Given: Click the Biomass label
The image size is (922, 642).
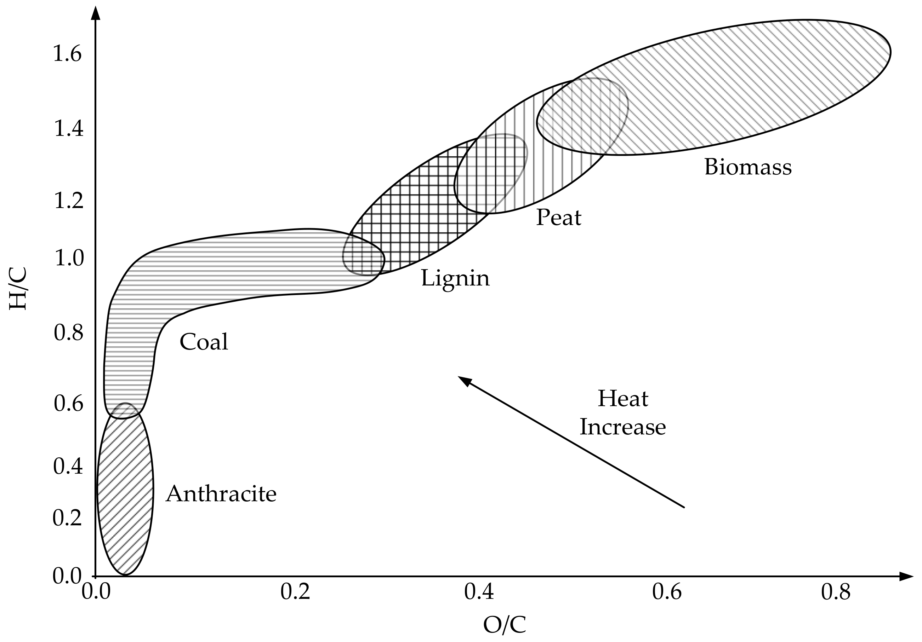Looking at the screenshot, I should [748, 167].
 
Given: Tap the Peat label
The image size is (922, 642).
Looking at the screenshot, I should [559, 218].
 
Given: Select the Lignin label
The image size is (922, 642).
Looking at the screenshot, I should [455, 278].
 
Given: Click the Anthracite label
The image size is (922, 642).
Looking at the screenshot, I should [221, 493].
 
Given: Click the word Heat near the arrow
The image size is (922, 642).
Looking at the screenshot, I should [623, 399].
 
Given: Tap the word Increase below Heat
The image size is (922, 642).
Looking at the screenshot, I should [623, 427].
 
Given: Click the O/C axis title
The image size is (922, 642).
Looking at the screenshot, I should [504, 625].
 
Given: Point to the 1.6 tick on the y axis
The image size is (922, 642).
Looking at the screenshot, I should [68, 54].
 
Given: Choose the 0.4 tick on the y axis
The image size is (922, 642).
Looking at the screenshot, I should [68, 466].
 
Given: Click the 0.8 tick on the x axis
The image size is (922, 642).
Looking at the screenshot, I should [836, 592].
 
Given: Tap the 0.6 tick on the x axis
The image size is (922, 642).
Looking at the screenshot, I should [667, 592].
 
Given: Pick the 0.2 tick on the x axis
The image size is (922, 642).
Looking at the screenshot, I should [296, 592].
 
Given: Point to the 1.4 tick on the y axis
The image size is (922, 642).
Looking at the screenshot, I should [69, 129].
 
